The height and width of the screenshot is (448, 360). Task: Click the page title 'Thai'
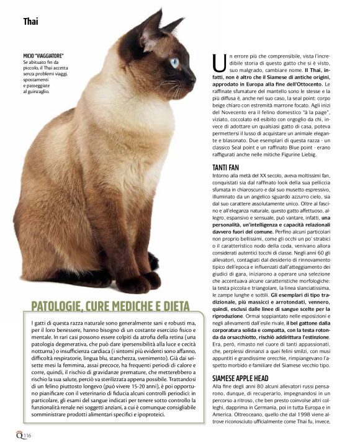30,21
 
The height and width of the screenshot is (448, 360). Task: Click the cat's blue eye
174,62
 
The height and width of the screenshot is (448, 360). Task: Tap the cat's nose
193,76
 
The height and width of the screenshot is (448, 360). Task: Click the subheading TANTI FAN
227,168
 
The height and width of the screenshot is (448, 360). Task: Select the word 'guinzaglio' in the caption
38,91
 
